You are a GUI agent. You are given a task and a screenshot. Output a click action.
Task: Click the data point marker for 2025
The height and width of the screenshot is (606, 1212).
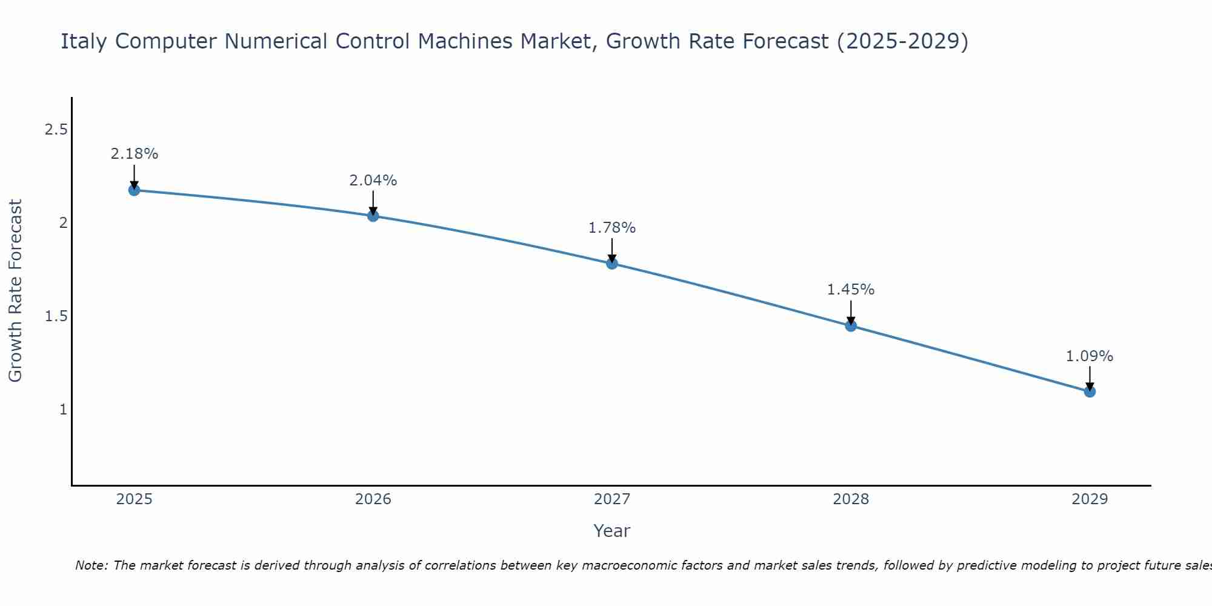click(134, 190)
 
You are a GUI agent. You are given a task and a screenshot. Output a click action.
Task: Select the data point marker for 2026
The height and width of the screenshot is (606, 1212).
click(373, 216)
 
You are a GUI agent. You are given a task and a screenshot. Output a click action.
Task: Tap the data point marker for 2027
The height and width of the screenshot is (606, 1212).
click(612, 263)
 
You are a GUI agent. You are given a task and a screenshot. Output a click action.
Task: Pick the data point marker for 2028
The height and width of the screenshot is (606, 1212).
click(851, 326)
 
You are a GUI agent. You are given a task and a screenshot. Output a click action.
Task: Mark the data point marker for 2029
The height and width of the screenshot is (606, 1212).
click(1090, 391)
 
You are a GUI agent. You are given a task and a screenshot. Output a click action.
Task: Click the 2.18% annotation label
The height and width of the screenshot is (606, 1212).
click(134, 154)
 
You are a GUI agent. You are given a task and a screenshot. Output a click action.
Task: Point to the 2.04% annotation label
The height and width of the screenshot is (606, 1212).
click(373, 181)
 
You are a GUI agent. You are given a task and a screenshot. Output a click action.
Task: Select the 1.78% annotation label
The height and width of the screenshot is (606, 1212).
click(612, 228)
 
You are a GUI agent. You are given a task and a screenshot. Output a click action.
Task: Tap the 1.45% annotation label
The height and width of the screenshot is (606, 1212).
click(851, 290)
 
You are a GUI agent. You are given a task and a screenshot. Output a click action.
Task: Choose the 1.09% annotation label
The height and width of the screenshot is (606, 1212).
click(1090, 356)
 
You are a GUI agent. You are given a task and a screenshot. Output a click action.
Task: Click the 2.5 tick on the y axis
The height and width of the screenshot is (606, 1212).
click(56, 130)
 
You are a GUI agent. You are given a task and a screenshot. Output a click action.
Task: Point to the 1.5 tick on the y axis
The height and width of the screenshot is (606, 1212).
click(56, 316)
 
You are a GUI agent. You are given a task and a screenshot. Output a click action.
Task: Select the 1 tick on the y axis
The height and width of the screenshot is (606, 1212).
click(63, 410)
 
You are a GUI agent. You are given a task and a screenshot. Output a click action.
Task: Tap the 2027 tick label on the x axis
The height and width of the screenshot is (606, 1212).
click(612, 499)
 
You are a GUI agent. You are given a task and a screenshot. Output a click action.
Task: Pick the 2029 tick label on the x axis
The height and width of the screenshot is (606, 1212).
click(1090, 499)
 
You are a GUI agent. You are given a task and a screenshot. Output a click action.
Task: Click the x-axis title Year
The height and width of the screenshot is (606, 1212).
click(612, 531)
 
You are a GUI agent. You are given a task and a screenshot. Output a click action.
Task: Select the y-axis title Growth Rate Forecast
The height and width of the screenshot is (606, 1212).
click(16, 291)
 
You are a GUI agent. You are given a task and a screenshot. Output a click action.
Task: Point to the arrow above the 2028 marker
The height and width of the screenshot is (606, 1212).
click(851, 312)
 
